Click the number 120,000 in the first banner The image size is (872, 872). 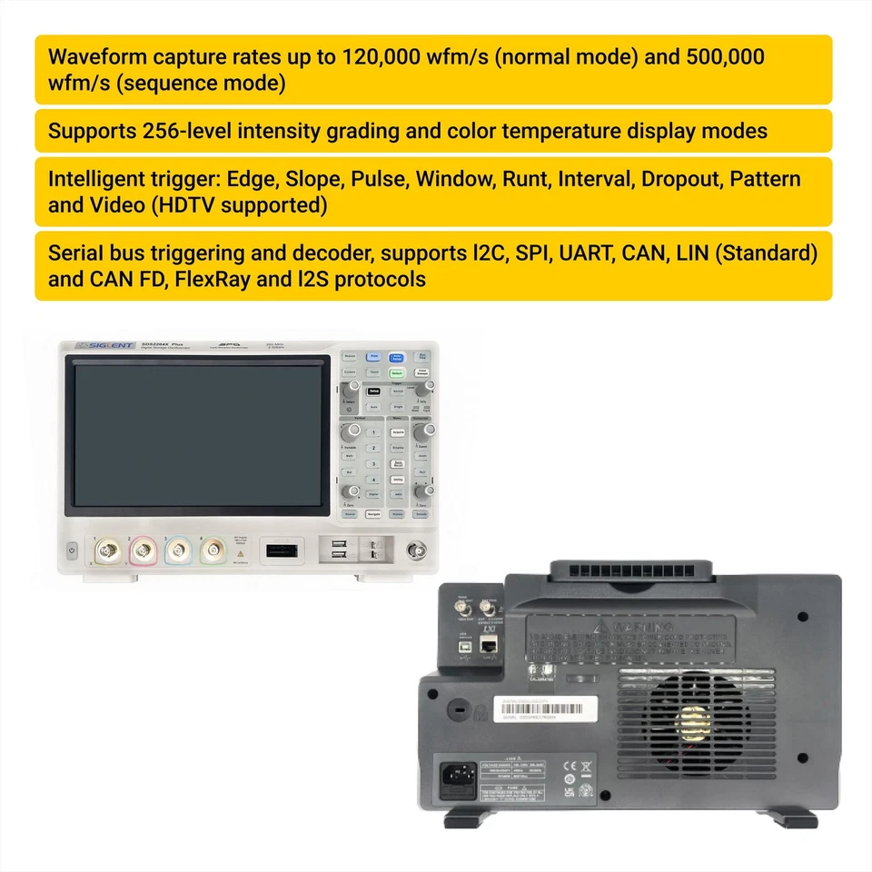[x=382, y=56]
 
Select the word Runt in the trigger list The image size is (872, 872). [x=525, y=178]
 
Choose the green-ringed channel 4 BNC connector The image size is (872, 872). [x=213, y=549]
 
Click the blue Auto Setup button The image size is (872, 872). [x=397, y=357]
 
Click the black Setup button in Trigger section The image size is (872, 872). [x=373, y=391]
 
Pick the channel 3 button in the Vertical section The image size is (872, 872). [x=372, y=463]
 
